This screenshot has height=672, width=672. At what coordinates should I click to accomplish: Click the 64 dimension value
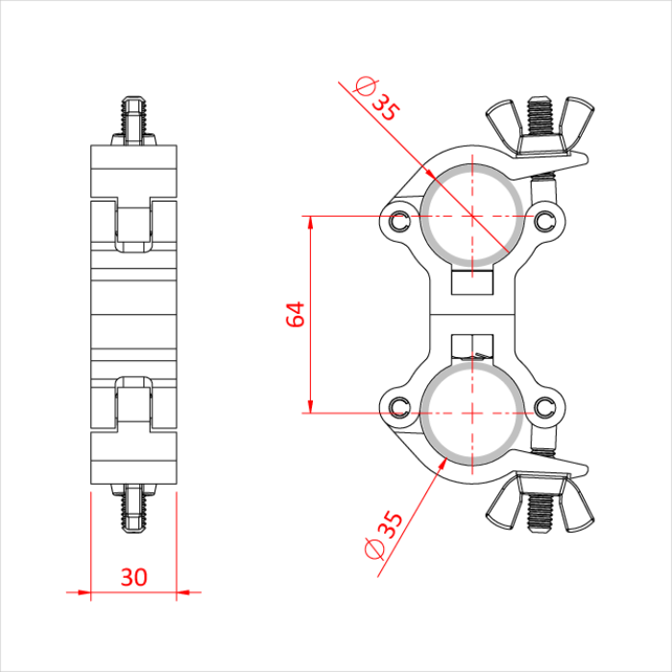(x=297, y=315)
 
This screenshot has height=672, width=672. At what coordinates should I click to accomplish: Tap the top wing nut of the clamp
(x=541, y=125)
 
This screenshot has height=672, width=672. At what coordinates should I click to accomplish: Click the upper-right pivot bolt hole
(x=546, y=219)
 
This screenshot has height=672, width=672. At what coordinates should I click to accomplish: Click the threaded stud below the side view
(x=134, y=509)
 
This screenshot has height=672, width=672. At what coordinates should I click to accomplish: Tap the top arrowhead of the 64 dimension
(x=310, y=223)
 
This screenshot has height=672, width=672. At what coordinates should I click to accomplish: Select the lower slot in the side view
(x=134, y=403)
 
